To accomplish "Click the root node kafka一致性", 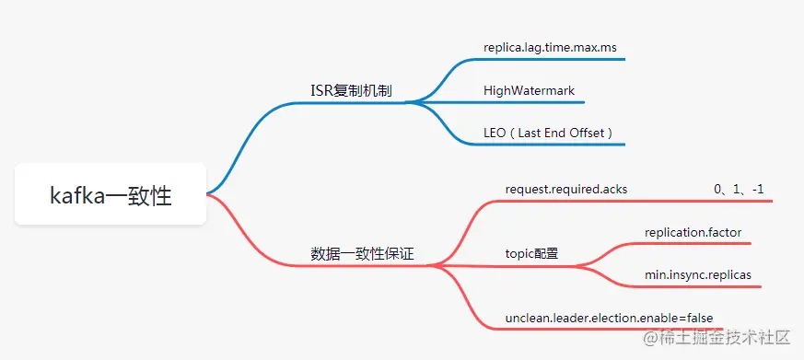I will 111,194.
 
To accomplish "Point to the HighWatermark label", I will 529,90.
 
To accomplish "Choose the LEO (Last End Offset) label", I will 548,133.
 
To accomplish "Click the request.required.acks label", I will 565,189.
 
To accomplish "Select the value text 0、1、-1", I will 739,189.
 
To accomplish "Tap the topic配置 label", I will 531,253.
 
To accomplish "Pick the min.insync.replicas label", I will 697,274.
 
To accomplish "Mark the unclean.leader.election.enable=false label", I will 609,318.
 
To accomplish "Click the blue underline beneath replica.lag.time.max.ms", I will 553,60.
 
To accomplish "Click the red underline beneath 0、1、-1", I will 737,201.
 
